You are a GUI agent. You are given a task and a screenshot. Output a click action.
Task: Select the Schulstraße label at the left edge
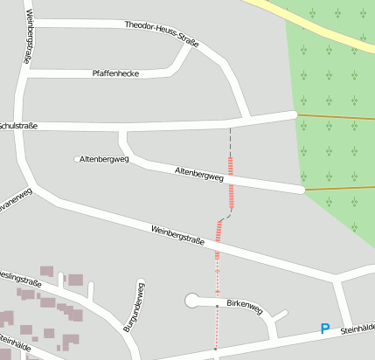[x=18, y=126]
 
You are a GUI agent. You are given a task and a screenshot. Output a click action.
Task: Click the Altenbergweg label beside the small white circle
[x=104, y=160]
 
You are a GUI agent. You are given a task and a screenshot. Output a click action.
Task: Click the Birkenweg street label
[x=244, y=307]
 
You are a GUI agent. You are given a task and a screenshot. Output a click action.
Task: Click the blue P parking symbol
[x=325, y=329]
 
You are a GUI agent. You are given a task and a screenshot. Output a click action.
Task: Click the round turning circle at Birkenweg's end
[x=192, y=301]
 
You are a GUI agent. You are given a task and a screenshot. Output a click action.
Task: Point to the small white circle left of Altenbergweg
[x=76, y=159]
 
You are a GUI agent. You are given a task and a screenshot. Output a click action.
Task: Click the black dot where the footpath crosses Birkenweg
[x=217, y=306]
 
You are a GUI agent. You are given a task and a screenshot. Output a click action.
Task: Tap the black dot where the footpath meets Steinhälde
[x=215, y=349]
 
